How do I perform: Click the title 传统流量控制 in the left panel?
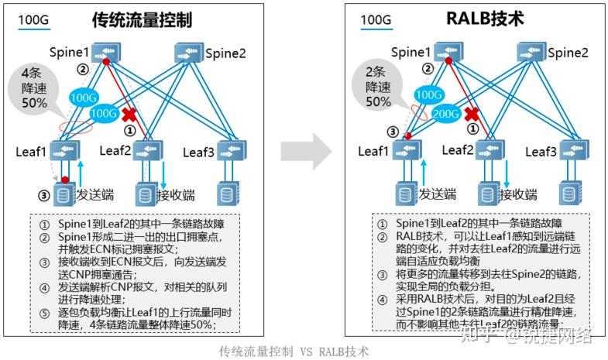coord(142,19)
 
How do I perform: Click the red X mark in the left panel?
coord(129,115)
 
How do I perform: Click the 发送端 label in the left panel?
coord(96,194)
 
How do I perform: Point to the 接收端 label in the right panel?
coord(518,194)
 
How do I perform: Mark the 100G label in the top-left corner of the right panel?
coord(376,19)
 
